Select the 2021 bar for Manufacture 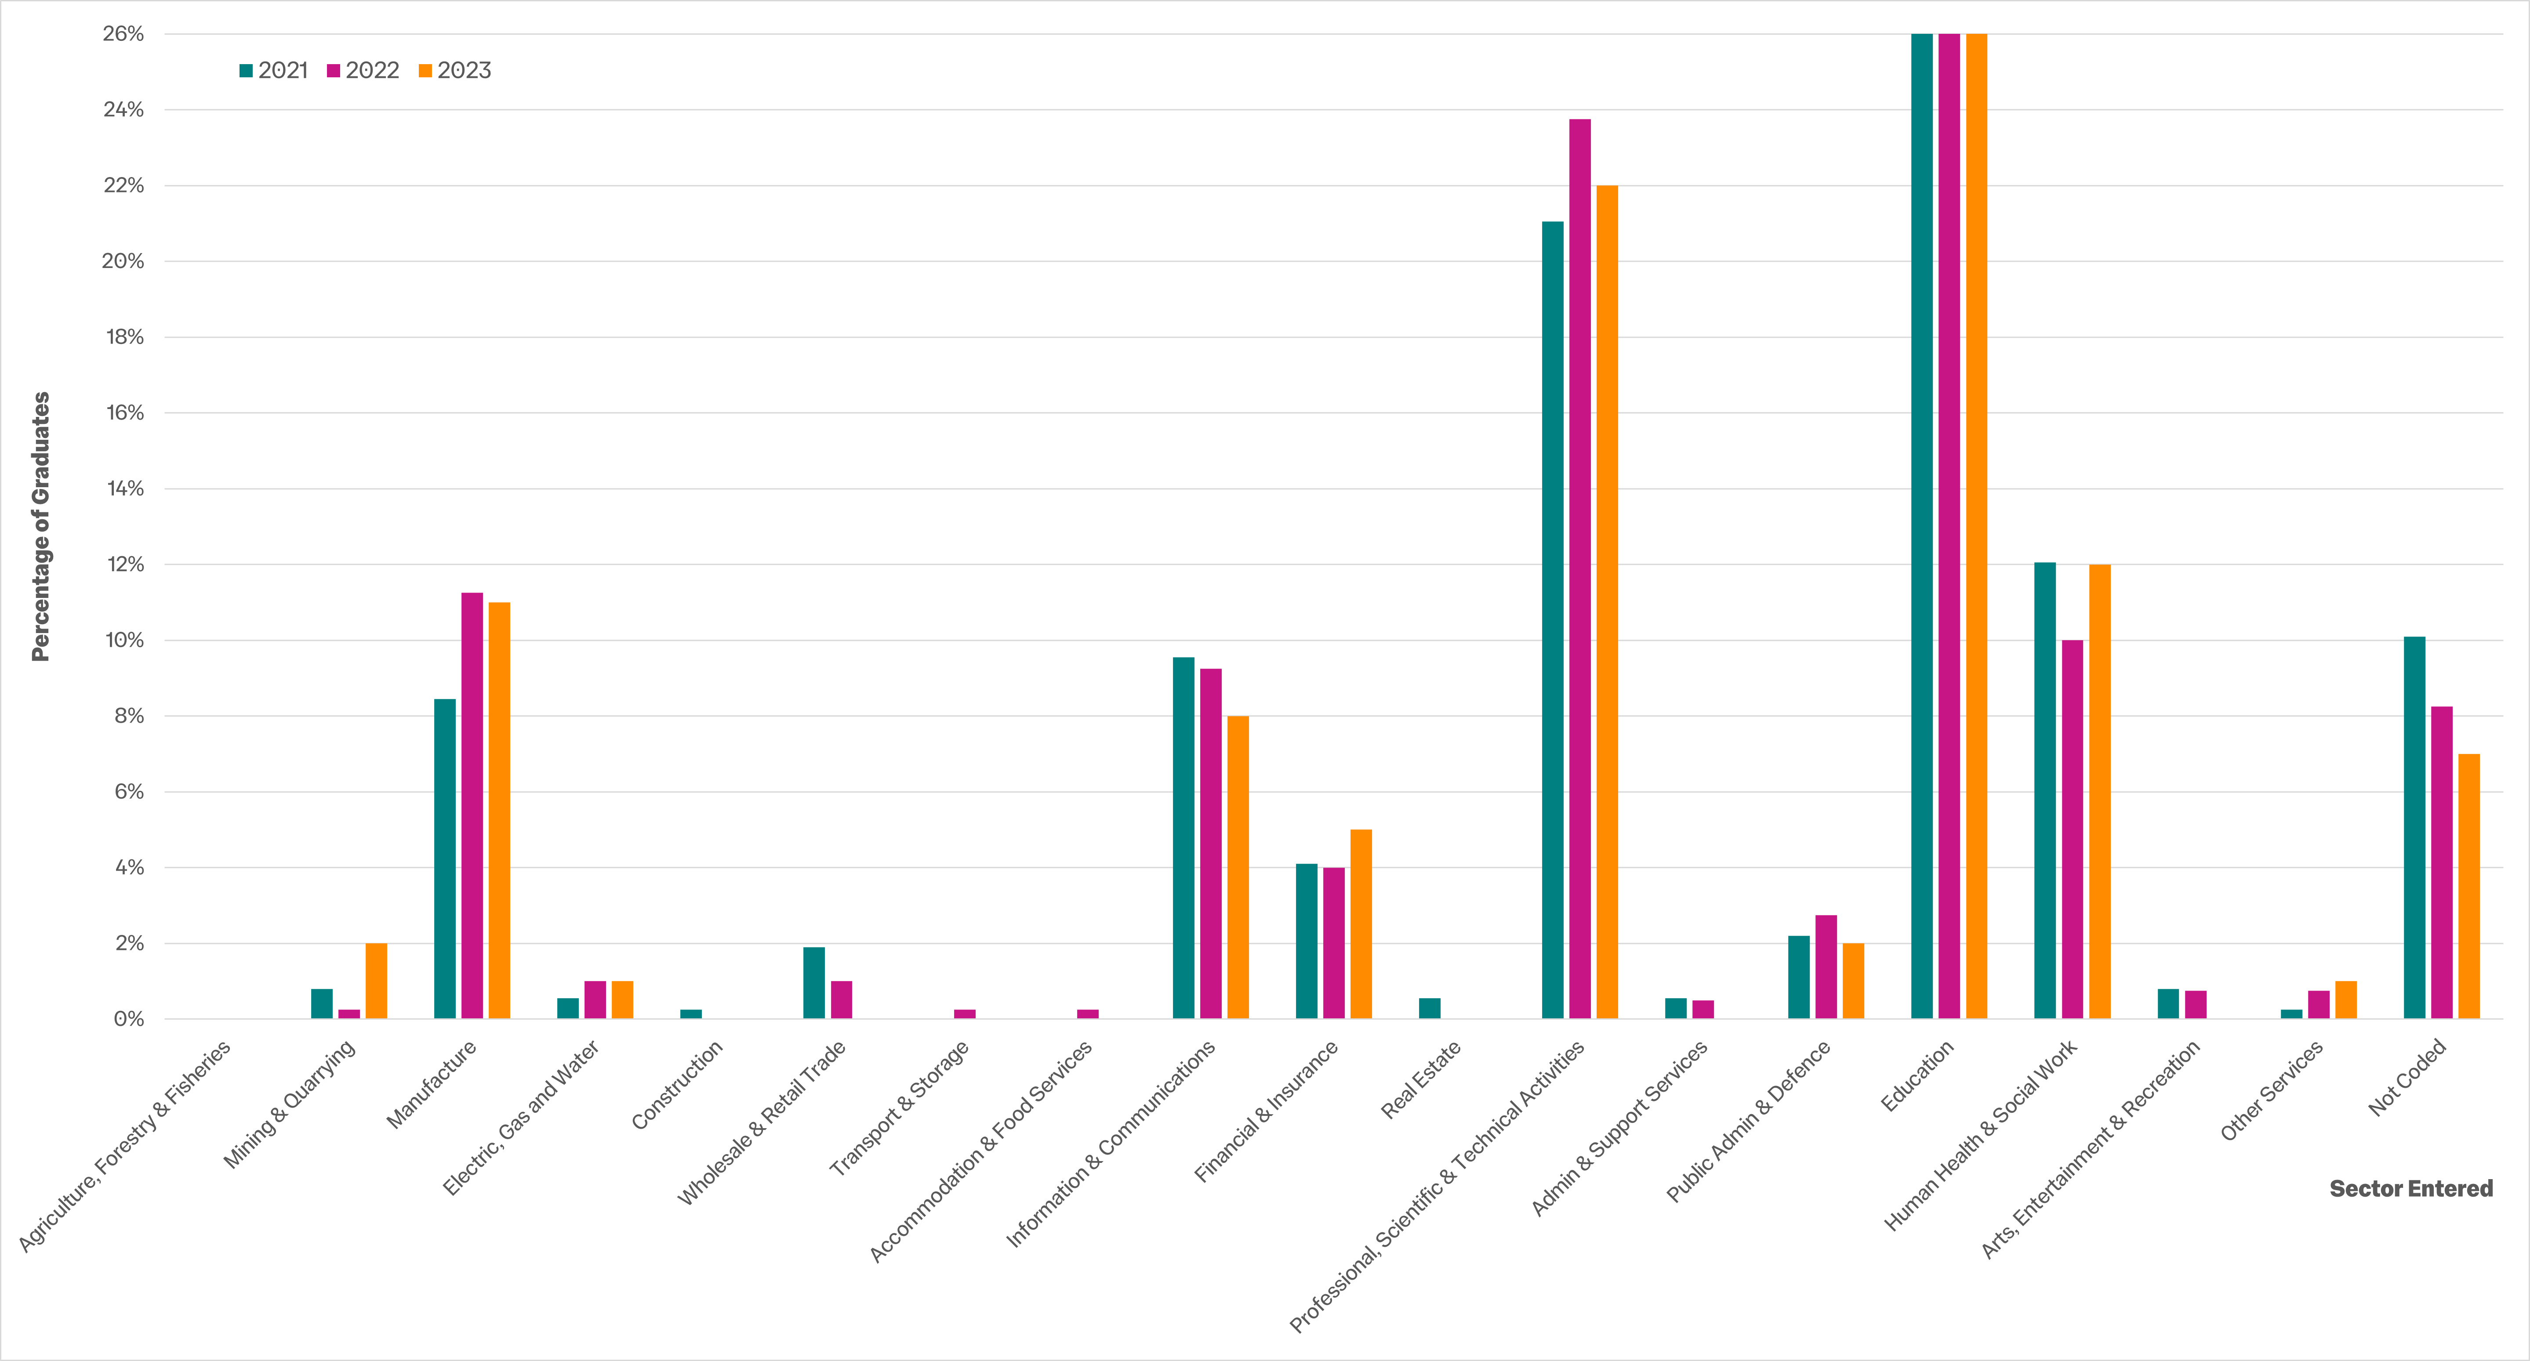pyautogui.click(x=445, y=859)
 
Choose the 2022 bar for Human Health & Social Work pyautogui.click(x=2073, y=830)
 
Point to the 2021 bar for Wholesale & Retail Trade pyautogui.click(x=814, y=983)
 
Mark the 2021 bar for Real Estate pyautogui.click(x=1430, y=1009)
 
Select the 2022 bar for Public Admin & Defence pyautogui.click(x=1826, y=967)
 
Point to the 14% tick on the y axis pyautogui.click(x=125, y=489)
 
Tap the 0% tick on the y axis pyautogui.click(x=129, y=1019)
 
